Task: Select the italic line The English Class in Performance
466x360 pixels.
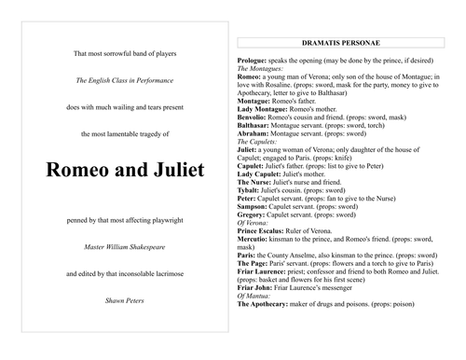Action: coord(117,82)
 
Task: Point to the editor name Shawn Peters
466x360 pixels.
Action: coord(117,301)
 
